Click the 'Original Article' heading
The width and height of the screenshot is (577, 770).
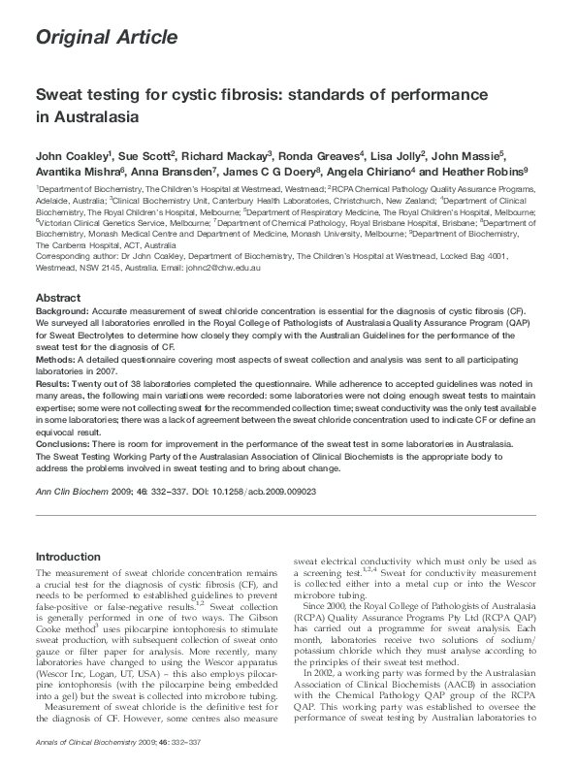106,38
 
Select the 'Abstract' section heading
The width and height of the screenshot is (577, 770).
59,297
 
